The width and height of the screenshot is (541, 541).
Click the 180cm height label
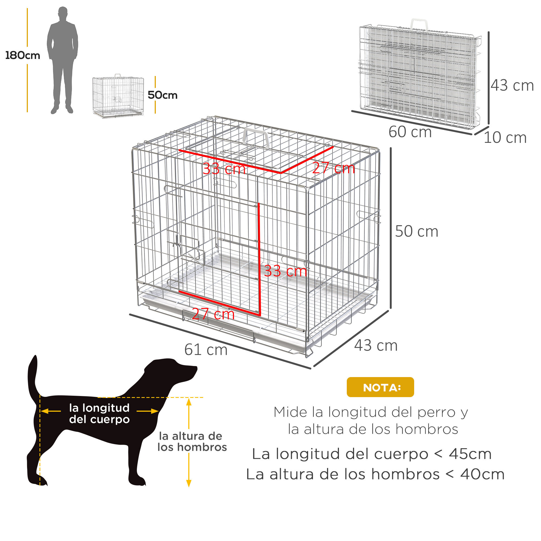[x=23, y=55]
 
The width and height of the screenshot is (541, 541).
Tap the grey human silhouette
[x=62, y=59]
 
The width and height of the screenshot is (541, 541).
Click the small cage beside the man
[x=118, y=96]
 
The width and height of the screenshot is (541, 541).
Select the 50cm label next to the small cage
[x=162, y=95]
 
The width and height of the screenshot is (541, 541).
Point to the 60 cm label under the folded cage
[x=410, y=132]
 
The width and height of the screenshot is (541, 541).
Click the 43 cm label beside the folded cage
[x=512, y=85]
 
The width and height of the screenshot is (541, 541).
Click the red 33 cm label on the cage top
[x=224, y=169]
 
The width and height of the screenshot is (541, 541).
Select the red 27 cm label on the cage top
[x=334, y=168]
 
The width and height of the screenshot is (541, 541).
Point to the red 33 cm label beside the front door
[x=285, y=271]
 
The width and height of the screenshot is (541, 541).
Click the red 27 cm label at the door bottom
[x=213, y=314]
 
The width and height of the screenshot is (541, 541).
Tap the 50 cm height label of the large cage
[x=416, y=232]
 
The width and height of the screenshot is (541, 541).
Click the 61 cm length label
[x=206, y=350]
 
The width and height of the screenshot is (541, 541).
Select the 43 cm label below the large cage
[x=376, y=345]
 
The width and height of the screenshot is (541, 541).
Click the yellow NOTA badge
[x=380, y=387]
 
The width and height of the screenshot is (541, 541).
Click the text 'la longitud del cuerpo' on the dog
[x=99, y=413]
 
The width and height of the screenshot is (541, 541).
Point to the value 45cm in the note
[x=470, y=454]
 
